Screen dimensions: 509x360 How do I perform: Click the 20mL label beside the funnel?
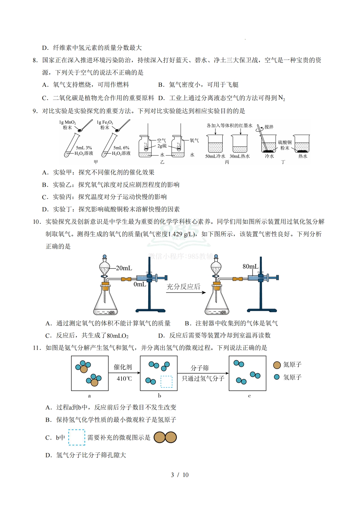[x=124, y=268]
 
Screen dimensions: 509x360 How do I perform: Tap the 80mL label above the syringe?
[x=250, y=266]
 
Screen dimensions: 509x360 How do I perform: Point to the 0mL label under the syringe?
[x=140, y=284]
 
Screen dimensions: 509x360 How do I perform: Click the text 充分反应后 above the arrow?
[x=183, y=286]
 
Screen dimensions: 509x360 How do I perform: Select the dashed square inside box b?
[x=166, y=382]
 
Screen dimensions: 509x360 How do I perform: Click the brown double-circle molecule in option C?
[x=165, y=437]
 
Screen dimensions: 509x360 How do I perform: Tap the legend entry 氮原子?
[x=292, y=365]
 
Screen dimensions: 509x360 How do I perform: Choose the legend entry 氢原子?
[x=292, y=377]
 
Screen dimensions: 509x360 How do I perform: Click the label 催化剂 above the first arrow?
[x=123, y=367]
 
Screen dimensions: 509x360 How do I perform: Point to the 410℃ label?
[x=124, y=378]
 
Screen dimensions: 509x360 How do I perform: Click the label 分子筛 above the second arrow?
[x=200, y=368]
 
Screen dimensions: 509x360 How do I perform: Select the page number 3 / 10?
[x=180, y=475]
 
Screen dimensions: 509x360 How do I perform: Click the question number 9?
[x=35, y=111]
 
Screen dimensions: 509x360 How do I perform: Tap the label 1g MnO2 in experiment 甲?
[x=67, y=122]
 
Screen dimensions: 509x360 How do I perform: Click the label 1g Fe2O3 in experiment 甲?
[x=105, y=122]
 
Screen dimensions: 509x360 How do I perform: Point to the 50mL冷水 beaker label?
[x=215, y=156]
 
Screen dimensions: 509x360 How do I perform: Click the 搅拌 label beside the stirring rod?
[x=269, y=127]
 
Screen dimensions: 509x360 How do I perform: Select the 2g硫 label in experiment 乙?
[x=162, y=146]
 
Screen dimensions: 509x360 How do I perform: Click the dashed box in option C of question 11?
[x=77, y=437]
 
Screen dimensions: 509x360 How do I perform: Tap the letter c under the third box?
[x=249, y=396]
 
